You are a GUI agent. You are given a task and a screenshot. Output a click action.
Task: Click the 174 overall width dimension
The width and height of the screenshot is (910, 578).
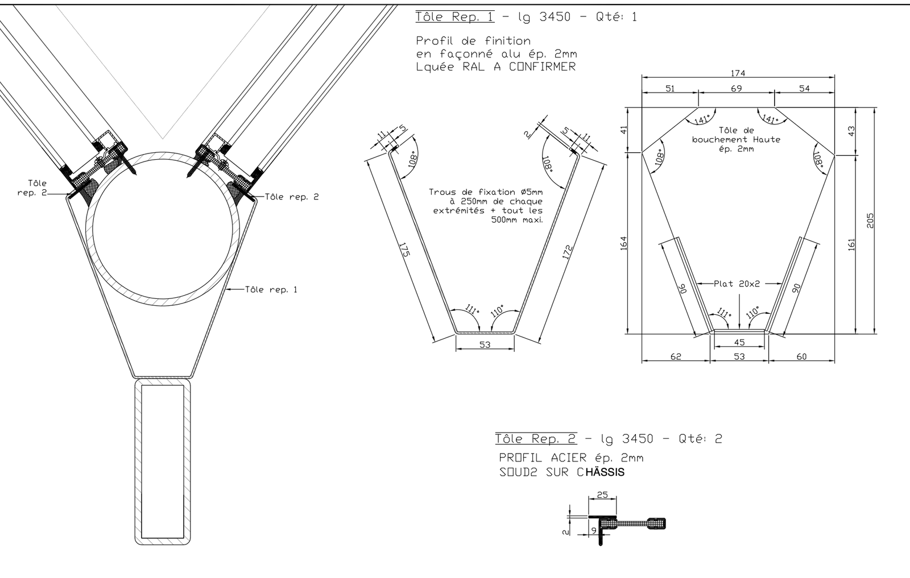tap(738, 73)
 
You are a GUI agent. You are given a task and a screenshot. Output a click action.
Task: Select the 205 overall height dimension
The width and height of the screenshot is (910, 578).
tap(870, 221)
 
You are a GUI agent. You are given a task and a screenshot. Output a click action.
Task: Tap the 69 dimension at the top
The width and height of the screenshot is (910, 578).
tap(736, 89)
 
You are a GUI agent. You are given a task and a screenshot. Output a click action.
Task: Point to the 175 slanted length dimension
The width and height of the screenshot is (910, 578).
tap(404, 250)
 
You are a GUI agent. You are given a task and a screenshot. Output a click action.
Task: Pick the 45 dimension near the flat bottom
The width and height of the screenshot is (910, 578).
tap(739, 342)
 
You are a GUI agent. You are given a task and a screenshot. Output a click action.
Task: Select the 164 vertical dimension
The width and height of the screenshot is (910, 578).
tap(623, 243)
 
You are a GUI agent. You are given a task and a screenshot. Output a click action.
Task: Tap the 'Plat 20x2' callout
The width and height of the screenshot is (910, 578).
tap(737, 284)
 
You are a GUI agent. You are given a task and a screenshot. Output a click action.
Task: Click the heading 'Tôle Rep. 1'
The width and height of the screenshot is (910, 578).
tap(454, 16)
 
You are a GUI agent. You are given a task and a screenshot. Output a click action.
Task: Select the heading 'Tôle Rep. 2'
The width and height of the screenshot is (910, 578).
tap(535, 439)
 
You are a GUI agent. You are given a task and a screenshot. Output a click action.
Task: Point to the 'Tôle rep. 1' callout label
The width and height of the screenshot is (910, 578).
tap(271, 290)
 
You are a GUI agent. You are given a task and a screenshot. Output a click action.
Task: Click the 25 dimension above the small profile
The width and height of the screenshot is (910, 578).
tap(602, 495)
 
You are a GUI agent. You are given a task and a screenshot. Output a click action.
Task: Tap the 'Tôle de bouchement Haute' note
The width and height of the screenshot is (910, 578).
tap(736, 139)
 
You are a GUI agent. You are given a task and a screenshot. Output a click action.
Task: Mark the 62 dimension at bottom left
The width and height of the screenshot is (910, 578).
tap(676, 357)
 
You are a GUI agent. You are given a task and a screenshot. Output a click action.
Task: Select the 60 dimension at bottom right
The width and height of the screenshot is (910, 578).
tap(801, 357)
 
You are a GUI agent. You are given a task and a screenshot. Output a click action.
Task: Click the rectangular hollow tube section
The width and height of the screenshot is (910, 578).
tap(162, 461)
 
